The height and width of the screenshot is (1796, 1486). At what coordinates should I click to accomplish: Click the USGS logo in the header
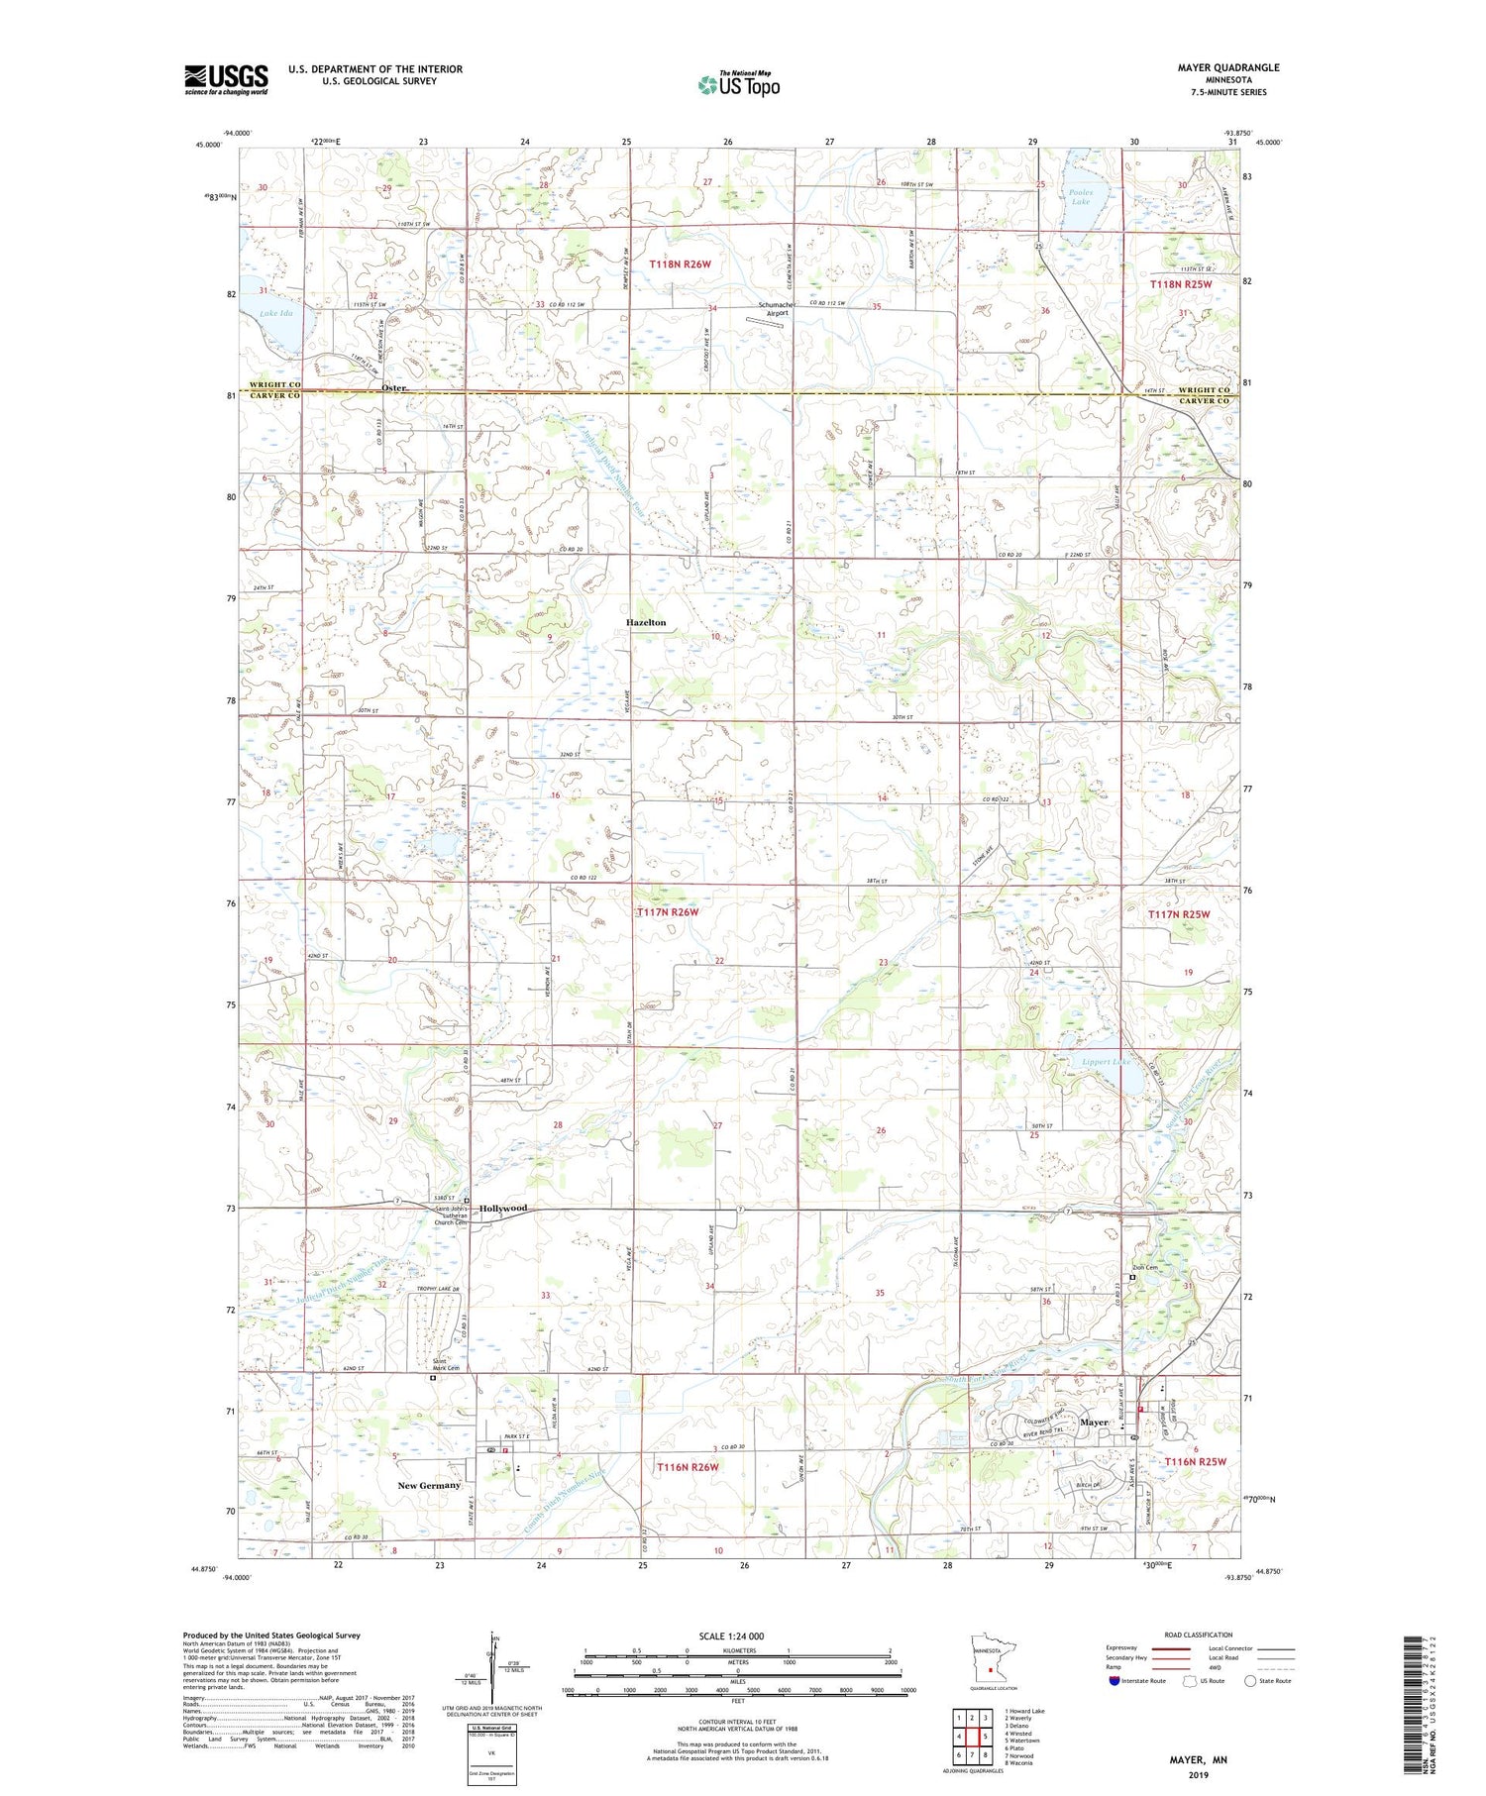click(226, 79)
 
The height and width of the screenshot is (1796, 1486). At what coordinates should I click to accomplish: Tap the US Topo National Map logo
click(738, 84)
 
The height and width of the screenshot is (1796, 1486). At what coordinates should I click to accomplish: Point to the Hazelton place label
click(645, 622)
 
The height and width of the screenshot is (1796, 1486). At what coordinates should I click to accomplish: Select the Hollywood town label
click(503, 1209)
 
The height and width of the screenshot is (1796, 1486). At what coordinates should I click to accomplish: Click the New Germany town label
click(429, 1485)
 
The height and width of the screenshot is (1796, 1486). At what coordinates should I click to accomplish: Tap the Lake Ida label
click(276, 314)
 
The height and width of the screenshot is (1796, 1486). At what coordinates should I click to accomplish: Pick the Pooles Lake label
click(1080, 196)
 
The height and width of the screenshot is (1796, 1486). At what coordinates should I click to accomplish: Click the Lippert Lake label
click(1107, 1062)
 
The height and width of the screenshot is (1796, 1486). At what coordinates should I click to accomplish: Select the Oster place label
click(393, 388)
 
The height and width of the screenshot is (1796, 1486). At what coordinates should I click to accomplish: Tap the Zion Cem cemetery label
click(1145, 1267)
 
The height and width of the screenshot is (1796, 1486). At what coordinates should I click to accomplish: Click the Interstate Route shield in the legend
click(1114, 1681)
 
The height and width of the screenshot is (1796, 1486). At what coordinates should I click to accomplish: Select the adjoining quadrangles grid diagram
click(972, 1736)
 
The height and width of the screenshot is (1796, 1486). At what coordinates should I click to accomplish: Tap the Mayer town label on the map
click(1094, 1423)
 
